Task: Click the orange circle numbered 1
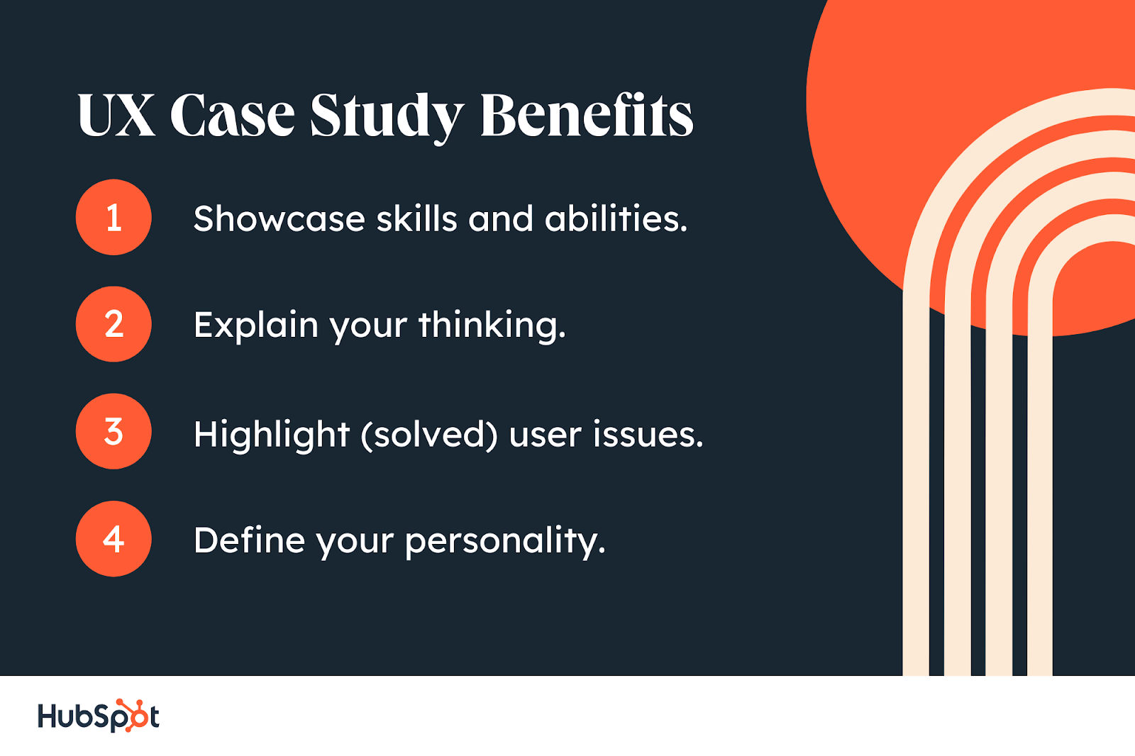pos(113,217)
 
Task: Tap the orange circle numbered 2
pos(113,324)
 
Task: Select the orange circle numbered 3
pos(113,431)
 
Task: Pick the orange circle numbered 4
pos(113,538)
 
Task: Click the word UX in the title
pos(116,114)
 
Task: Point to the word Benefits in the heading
pos(587,114)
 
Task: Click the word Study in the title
pos(387,118)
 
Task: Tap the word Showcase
pos(279,219)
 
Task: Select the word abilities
pos(616,219)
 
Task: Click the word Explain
pos(256,326)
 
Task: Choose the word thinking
pos(492,326)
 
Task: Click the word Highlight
pos(272,435)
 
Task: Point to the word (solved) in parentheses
pos(429,435)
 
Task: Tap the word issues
pos(648,435)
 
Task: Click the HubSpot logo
pos(99,716)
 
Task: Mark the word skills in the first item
pos(416,219)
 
